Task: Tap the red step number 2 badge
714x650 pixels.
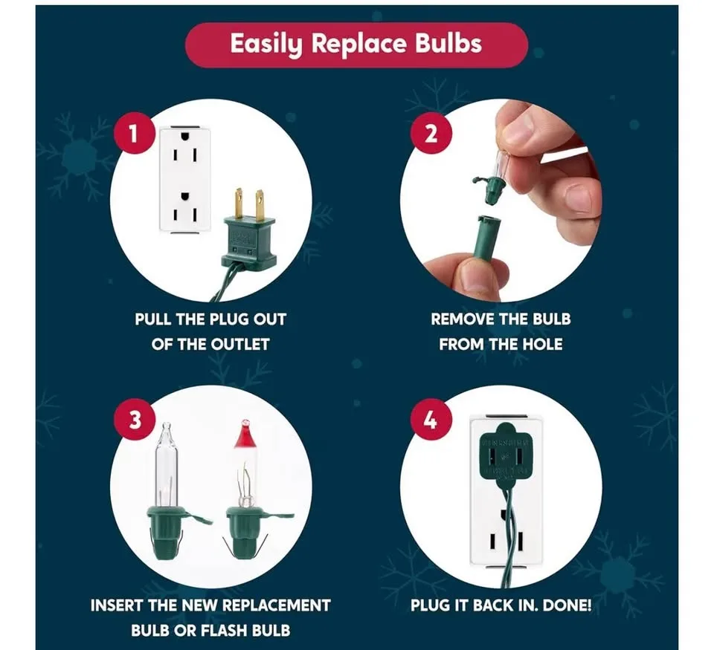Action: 431,135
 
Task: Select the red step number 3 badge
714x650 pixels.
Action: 135,420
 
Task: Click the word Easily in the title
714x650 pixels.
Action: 266,45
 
